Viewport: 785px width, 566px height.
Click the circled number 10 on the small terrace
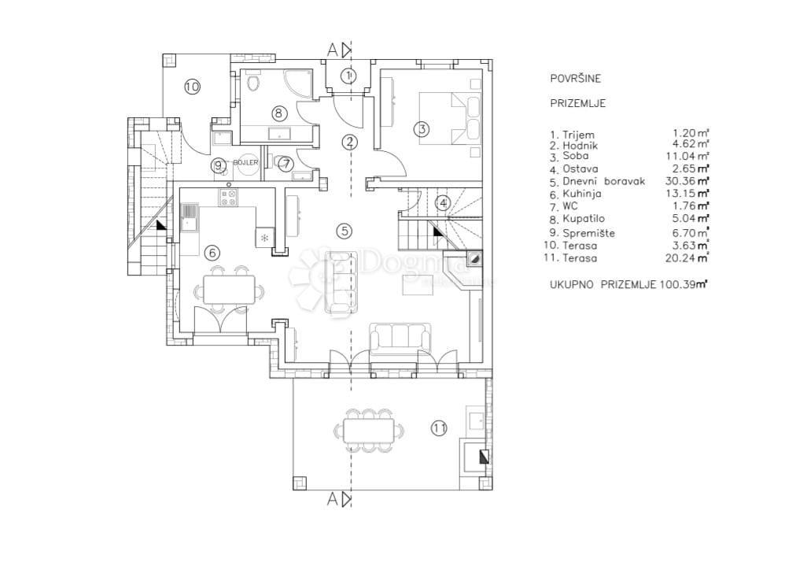pos(192,87)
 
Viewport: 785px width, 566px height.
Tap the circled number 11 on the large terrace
pos(439,427)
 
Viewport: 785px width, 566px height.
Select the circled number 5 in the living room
pos(343,231)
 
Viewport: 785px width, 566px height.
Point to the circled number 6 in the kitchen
pos(210,252)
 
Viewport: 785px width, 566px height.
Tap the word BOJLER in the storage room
pos(245,162)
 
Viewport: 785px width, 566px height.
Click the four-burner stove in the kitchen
pos(229,197)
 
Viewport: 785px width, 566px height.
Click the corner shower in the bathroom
pos(297,83)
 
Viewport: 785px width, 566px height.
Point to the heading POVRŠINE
pos(575,79)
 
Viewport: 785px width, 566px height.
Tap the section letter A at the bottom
pos(332,498)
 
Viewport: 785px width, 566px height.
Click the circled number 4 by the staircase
pos(443,202)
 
